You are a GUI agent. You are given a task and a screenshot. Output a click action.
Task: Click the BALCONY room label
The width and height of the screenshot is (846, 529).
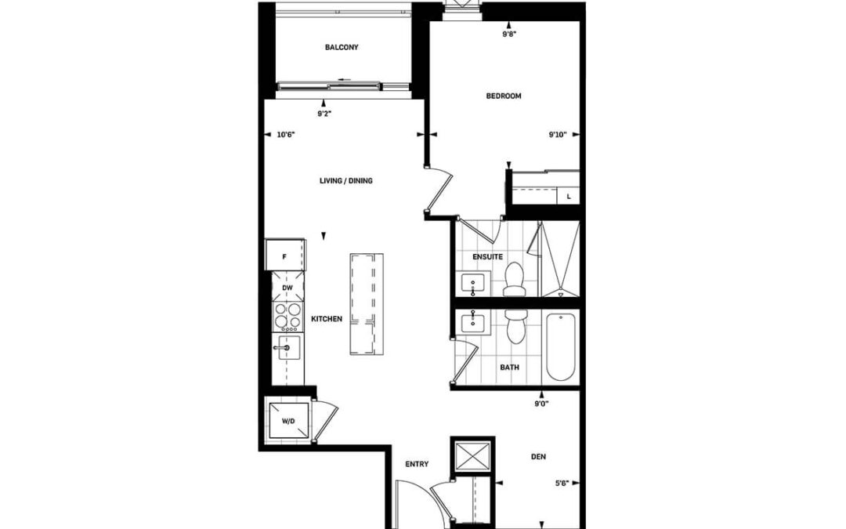pos(342,48)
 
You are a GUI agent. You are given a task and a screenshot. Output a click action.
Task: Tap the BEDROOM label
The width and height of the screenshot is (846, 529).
pos(504,96)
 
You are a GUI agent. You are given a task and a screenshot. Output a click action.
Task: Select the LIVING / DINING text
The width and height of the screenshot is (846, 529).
pos(346,181)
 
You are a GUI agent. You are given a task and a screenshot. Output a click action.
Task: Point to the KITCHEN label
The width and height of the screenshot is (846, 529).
pos(327,319)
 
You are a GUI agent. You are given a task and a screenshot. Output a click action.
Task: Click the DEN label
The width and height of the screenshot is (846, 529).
pos(538,457)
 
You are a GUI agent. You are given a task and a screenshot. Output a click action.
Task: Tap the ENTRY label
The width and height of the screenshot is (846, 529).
pos(417,464)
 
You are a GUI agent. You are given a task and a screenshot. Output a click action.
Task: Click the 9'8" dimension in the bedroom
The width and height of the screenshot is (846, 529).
pos(509,34)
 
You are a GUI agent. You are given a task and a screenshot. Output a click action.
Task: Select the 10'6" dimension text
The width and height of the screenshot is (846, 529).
pos(286,135)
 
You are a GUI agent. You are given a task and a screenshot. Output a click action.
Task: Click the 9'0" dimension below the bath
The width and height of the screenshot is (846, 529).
pos(542,404)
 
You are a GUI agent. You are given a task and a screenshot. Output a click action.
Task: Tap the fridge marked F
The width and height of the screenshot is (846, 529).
pos(285,255)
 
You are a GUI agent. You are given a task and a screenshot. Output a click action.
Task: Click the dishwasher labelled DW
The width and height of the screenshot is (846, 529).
pos(287,287)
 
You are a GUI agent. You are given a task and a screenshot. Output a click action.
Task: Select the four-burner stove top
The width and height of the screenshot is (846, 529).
pos(287,317)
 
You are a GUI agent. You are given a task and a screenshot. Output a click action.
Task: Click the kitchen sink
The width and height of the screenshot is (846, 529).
pos(288,348)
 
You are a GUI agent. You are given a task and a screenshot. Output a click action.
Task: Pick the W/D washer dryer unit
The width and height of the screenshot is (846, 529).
pos(288,420)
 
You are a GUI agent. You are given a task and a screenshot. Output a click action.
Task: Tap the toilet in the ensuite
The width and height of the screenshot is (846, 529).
pos(514,280)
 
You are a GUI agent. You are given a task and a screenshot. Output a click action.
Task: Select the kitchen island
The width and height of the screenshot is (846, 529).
pos(367,304)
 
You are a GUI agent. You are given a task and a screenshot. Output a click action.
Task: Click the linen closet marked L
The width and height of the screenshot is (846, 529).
pos(568,197)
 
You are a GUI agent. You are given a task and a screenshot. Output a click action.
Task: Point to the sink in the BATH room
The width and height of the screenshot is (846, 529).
pos(473,323)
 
